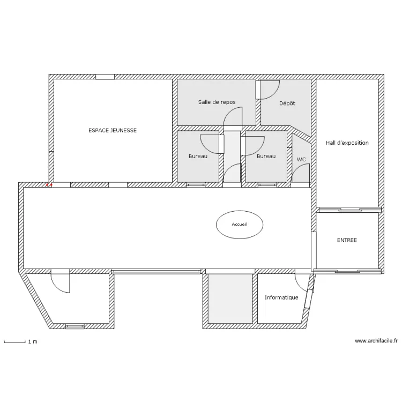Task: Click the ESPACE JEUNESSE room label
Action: tap(113, 130)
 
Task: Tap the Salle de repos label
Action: tap(217, 102)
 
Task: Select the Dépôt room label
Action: tap(287, 103)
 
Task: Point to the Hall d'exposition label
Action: tap(347, 143)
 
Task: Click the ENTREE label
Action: tap(347, 240)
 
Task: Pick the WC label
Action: tap(301, 160)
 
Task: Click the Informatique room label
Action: tap(281, 297)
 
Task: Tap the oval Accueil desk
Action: tap(240, 225)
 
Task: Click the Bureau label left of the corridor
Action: tap(198, 156)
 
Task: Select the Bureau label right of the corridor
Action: tap(266, 156)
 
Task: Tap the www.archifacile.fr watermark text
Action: tap(376, 341)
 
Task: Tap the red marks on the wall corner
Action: tap(49, 184)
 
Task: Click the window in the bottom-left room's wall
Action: tap(75, 326)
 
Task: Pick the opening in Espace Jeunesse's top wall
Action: tap(105, 77)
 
